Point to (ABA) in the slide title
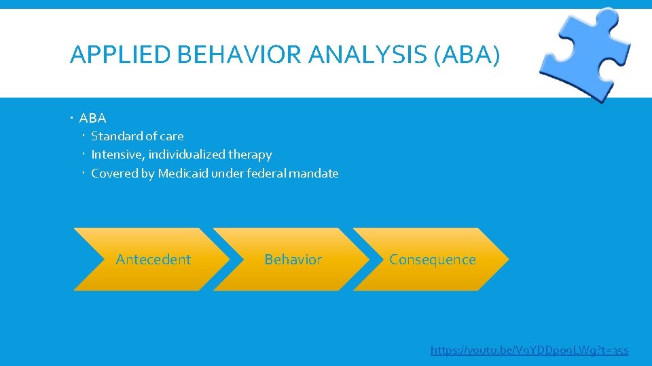(466, 55)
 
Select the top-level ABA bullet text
(92, 118)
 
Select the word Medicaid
(183, 174)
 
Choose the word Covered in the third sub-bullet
(113, 174)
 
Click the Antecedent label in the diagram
(153, 260)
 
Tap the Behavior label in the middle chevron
(293, 260)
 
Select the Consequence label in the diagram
(433, 260)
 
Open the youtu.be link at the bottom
(530, 350)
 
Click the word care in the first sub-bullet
(170, 136)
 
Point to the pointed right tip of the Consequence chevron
(507, 259)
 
